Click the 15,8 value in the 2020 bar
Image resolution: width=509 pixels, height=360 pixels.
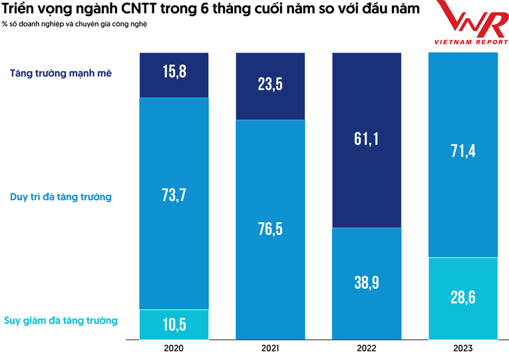(x=174, y=72)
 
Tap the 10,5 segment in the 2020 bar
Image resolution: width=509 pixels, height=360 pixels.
(x=174, y=324)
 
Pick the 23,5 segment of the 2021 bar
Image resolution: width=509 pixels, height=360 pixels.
(x=270, y=85)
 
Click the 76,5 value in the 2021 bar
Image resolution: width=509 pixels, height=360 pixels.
(x=270, y=229)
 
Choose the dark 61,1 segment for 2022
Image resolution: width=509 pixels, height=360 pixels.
(x=367, y=139)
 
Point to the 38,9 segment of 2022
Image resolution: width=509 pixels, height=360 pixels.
(x=367, y=283)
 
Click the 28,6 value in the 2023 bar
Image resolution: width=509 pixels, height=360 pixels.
(x=462, y=297)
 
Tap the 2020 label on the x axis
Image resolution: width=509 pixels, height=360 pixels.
(x=174, y=349)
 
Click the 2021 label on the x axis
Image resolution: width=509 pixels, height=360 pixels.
(x=270, y=349)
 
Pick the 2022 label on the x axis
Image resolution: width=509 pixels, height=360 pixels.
(x=367, y=349)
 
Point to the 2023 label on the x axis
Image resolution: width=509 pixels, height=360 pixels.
(x=462, y=349)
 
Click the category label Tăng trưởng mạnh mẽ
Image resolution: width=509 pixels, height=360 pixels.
(x=61, y=73)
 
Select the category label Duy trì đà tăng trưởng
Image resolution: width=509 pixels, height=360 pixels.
(x=61, y=197)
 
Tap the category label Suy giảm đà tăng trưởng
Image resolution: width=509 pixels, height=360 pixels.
(x=61, y=321)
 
